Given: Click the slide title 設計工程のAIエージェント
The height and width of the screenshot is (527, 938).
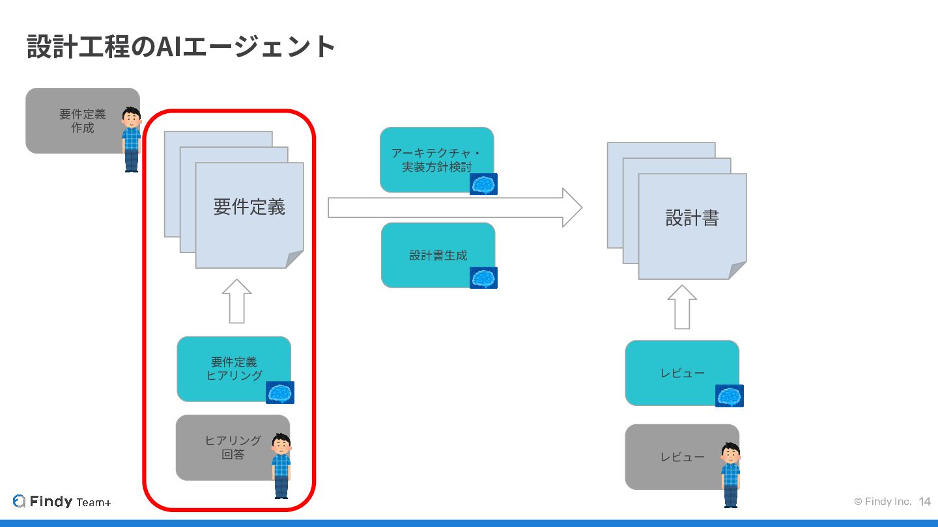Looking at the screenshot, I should pos(181,46).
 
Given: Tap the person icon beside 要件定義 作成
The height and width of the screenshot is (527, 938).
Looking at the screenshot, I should pos(132,139).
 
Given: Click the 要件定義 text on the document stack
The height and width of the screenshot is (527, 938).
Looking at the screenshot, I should pos(249,207).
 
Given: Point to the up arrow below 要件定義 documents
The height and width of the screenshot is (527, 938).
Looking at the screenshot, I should pos(236,301).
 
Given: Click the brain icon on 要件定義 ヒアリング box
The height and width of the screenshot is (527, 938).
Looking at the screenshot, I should pos(280,393).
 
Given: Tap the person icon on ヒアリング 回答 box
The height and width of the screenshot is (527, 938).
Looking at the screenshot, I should pos(281,466).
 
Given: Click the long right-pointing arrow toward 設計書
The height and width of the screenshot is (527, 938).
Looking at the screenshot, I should pos(454,208).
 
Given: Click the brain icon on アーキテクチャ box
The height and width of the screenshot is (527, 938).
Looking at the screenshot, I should pos(484,184).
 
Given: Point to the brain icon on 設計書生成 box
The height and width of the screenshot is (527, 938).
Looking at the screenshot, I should pos(484,278).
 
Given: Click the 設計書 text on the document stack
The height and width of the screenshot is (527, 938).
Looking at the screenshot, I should pos(692,218).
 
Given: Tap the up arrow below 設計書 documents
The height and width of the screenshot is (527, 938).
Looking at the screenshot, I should pos(682,306).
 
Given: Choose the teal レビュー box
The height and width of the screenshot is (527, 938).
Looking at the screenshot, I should pos(677,373).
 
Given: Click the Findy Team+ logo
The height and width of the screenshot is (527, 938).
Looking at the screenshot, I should pos(62,502).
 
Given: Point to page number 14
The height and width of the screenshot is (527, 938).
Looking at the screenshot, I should pos(925,502).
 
